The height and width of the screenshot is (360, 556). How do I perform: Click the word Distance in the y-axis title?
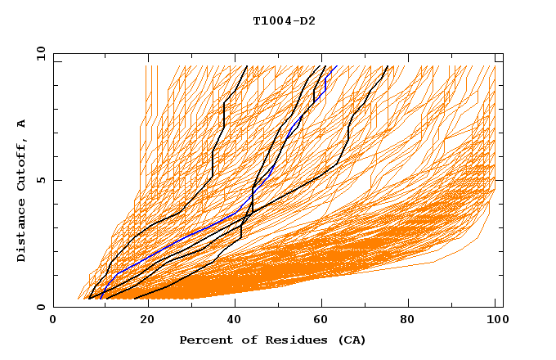point(21,232)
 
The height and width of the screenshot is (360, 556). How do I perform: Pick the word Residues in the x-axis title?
point(291,340)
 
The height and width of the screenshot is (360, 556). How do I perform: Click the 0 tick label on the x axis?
point(53,322)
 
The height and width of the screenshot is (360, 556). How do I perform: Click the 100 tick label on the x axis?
point(495,322)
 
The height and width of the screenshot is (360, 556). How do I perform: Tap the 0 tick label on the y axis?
point(41,308)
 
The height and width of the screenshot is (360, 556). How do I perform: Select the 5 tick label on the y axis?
point(41,180)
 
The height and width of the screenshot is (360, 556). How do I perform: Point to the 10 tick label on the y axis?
point(38,52)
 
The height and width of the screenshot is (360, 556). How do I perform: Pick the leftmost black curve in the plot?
point(213,164)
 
